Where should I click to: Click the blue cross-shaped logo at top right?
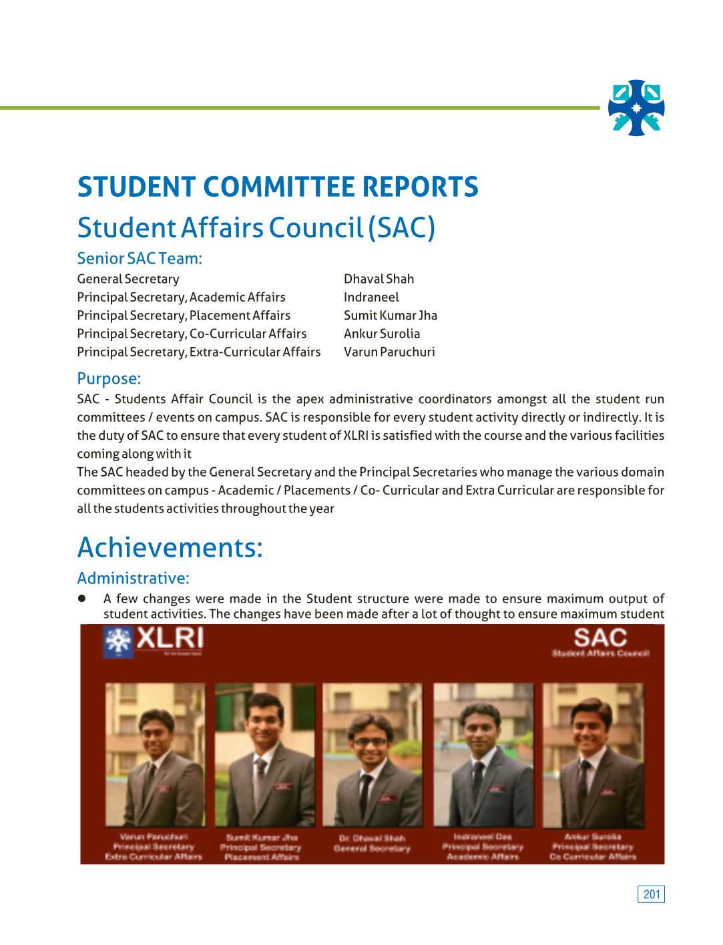click(x=636, y=108)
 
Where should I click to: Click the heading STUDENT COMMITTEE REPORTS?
click(x=278, y=187)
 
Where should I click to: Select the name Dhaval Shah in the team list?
click(x=379, y=279)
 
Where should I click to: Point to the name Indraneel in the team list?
click(x=371, y=297)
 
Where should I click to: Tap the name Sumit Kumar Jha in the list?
click(x=391, y=316)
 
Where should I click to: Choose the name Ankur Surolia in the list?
click(x=382, y=334)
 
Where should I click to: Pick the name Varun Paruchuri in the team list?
click(x=389, y=352)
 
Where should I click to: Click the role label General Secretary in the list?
click(x=128, y=279)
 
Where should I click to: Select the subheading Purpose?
click(x=109, y=378)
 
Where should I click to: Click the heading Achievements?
click(x=170, y=548)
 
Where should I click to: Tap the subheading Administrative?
click(x=133, y=578)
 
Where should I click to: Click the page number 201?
click(x=651, y=894)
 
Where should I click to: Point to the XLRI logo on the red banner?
click(x=154, y=641)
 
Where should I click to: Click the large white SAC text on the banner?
click(x=600, y=637)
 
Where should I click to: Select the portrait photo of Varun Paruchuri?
click(x=155, y=754)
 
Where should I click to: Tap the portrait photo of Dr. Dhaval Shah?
click(x=372, y=754)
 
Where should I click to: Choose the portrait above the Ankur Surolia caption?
click(x=593, y=754)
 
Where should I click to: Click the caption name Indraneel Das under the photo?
click(x=482, y=836)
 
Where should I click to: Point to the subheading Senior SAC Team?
click(x=140, y=258)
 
